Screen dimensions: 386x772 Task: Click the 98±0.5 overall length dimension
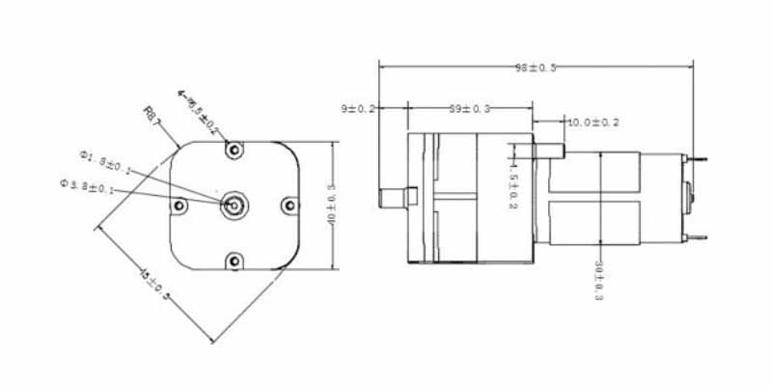click(x=537, y=68)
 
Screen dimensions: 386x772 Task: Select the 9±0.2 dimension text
click(x=359, y=108)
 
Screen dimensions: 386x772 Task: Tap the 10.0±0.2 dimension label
click(x=593, y=123)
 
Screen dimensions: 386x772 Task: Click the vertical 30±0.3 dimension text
click(x=599, y=281)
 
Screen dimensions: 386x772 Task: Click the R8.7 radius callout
click(x=152, y=115)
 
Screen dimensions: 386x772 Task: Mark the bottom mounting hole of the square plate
click(x=234, y=261)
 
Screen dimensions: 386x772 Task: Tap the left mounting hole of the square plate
click(x=179, y=206)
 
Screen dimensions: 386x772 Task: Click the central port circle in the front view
click(x=234, y=205)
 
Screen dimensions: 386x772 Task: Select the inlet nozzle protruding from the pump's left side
click(x=392, y=198)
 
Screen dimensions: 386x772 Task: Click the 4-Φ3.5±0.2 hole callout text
click(x=199, y=111)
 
